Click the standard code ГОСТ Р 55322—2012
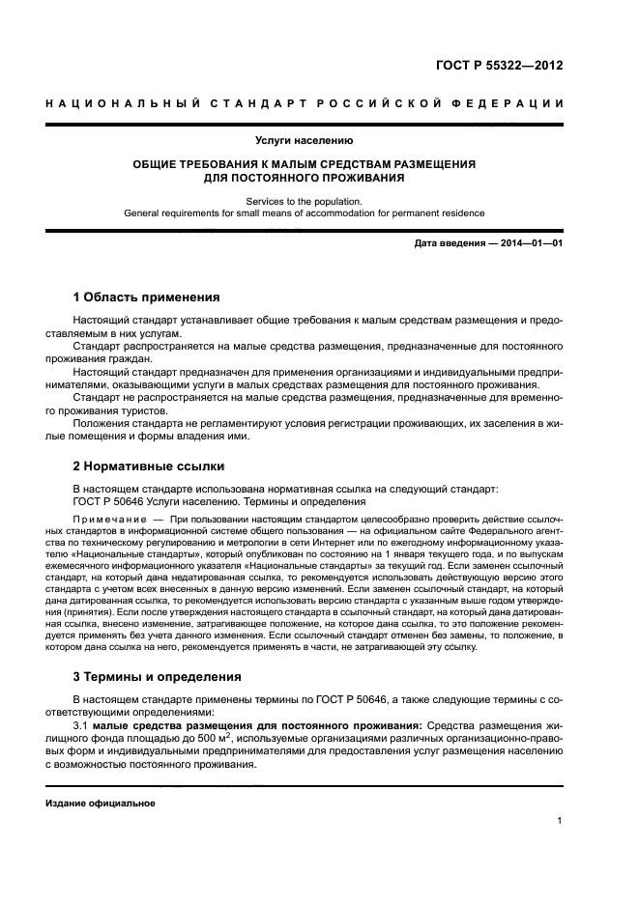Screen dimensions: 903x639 [506, 67]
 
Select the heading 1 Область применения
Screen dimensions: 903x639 [147, 296]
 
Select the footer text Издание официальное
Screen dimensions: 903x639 [101, 803]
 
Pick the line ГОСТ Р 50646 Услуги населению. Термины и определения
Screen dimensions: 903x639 [219, 501]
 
